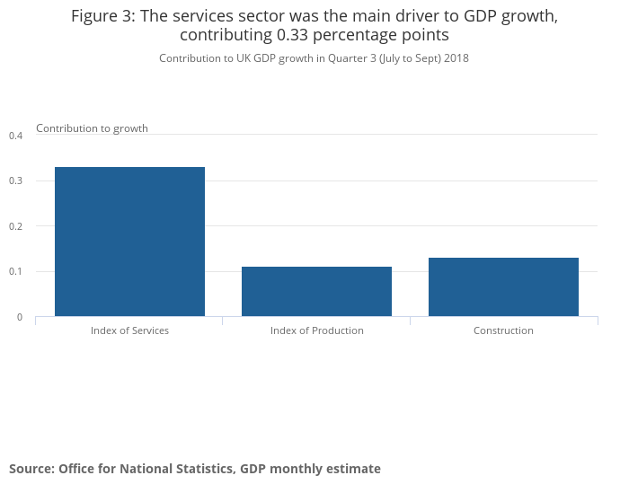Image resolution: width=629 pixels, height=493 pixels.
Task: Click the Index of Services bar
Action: [x=129, y=242]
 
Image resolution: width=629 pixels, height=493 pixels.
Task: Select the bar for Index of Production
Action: [x=316, y=291]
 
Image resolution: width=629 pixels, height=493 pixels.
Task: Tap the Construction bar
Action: [x=503, y=286]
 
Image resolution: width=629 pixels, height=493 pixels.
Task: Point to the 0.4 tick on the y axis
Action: [x=15, y=136]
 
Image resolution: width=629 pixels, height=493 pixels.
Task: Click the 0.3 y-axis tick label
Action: [x=15, y=181]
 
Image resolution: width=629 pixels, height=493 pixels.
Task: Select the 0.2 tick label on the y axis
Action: [x=15, y=226]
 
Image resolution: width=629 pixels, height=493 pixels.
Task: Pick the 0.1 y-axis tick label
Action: [x=15, y=272]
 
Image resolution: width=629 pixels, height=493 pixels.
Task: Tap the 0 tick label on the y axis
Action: [x=19, y=317]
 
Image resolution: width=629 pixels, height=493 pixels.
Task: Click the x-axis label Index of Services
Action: [x=129, y=330]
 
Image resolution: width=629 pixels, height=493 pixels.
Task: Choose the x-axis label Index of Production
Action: [x=316, y=330]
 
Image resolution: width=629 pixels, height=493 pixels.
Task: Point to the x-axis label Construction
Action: [x=503, y=330]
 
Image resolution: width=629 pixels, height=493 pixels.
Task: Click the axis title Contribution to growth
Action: [x=92, y=128]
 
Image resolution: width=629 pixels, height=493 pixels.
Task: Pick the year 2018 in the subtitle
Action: [x=456, y=58]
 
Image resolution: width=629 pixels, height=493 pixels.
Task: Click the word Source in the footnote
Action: [x=31, y=469]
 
